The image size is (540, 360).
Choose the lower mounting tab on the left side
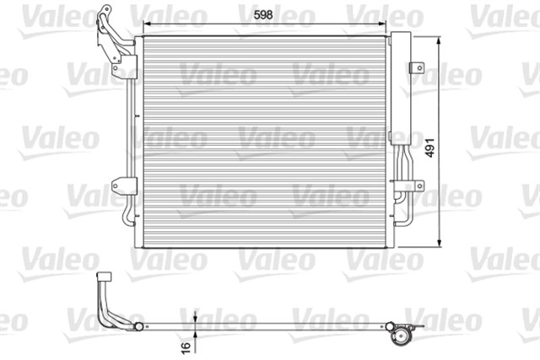[126, 185]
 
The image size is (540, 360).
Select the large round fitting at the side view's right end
[400, 336]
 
